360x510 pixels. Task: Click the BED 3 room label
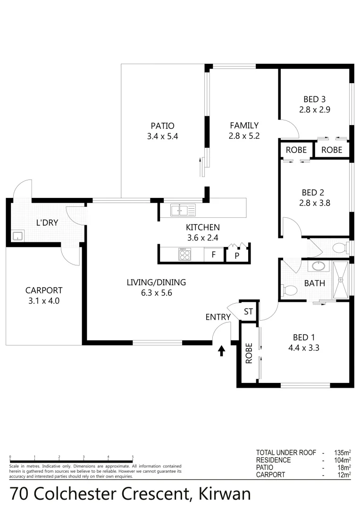click(315, 99)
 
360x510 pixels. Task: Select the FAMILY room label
click(244, 125)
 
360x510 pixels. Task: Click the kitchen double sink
click(179, 210)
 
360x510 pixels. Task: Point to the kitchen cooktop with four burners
click(184, 255)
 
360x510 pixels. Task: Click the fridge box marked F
click(213, 255)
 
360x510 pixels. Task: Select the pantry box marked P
click(236, 255)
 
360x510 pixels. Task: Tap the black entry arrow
click(221, 350)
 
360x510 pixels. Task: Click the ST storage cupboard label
click(249, 312)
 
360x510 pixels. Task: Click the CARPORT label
click(44, 290)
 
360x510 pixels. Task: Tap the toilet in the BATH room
click(288, 290)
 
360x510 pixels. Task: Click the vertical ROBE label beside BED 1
click(249, 352)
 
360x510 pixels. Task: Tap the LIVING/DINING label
click(156, 282)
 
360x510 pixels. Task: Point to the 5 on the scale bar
click(133, 457)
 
